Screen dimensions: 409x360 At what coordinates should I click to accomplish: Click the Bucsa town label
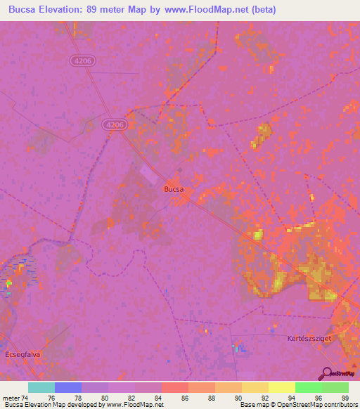(174, 188)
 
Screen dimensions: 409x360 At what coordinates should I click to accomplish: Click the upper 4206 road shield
(83, 61)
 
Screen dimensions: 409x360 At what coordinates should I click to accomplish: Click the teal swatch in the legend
(41, 387)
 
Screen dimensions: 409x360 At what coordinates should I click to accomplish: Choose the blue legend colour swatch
(68, 387)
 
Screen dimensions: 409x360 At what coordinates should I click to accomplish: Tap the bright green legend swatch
(308, 387)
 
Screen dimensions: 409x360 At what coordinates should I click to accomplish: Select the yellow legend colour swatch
(281, 387)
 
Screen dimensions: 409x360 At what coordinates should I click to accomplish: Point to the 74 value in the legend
(25, 398)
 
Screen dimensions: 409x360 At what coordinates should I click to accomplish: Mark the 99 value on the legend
(344, 398)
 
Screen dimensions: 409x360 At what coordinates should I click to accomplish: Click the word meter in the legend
(11, 398)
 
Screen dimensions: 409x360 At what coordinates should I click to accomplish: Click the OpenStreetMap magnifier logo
(327, 374)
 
